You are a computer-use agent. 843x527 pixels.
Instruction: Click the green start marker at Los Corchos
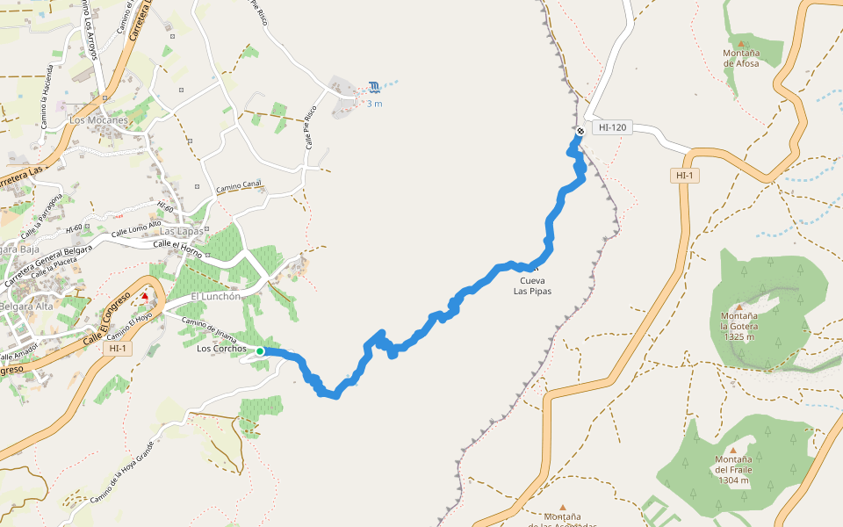[x=260, y=351]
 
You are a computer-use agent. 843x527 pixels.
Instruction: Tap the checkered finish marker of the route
[x=580, y=132]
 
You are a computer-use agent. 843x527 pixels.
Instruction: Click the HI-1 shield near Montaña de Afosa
[x=684, y=176]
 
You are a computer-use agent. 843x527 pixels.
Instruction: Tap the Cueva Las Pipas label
[x=532, y=285]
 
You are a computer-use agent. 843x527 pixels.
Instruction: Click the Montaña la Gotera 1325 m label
[x=740, y=326]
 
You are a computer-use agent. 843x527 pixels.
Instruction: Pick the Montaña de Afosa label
[x=740, y=58]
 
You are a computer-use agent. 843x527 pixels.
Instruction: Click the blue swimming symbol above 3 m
[x=375, y=86]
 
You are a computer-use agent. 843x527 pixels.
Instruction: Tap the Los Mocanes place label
[x=98, y=119]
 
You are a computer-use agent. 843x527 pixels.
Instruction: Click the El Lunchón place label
[x=215, y=297]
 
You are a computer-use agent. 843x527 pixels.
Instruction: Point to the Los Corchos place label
[x=221, y=349]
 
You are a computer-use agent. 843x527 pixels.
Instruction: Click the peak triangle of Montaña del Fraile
[x=732, y=450]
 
